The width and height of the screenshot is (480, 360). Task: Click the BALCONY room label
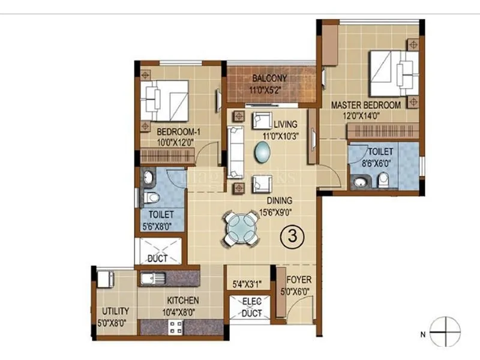[269, 78]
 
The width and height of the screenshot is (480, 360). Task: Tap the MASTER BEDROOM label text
[366, 105]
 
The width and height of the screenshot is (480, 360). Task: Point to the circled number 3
[292, 236]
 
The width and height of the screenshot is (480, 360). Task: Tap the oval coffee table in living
[263, 153]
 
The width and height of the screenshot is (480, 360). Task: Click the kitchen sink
[150, 278]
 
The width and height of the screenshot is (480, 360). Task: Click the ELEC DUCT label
[251, 307]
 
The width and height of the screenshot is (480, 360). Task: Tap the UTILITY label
[114, 311]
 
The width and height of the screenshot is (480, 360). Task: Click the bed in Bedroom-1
[164, 100]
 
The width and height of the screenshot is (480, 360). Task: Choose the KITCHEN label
[183, 300]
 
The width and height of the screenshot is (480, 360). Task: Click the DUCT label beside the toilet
[157, 259]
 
